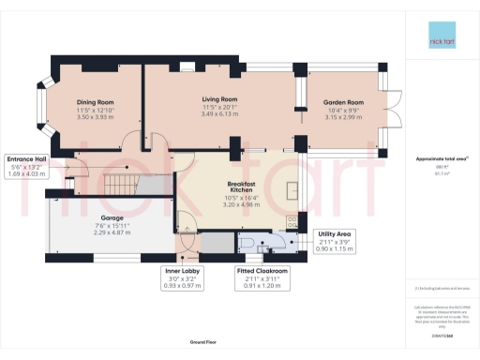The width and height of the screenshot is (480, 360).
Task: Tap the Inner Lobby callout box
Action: coord(182,278)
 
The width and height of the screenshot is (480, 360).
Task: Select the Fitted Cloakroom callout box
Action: coord(262,278)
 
